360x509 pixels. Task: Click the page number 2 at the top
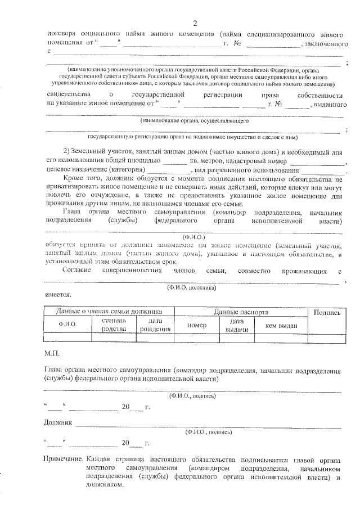[x=195, y=23]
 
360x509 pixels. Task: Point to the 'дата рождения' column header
[x=151, y=325]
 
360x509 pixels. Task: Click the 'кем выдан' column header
[x=277, y=325]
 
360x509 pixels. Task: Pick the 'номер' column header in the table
[x=197, y=325]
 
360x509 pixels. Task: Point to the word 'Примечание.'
[x=64, y=459]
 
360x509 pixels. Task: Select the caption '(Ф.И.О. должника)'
[x=192, y=287]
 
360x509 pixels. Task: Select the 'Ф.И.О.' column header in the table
[x=67, y=325]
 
